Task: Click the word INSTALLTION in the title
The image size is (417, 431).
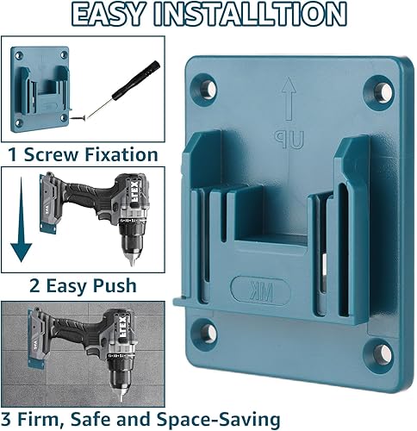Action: coord(250,14)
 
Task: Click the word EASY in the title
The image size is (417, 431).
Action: coord(108,14)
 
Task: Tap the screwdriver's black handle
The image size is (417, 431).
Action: coord(136,80)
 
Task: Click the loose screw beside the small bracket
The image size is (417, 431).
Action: coord(78,117)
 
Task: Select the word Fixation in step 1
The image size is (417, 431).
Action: coord(121,154)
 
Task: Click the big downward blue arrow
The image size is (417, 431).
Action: coord(21,219)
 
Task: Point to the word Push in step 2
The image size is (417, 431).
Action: coord(115,286)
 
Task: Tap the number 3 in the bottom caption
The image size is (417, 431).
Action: coord(5,419)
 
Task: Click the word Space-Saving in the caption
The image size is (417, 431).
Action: coord(219,420)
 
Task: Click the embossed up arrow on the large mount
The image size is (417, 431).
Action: coord(289,98)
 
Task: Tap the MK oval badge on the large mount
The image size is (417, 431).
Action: coord(261,290)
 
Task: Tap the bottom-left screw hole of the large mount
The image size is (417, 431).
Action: coord(208,333)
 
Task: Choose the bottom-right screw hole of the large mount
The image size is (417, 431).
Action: coord(383,353)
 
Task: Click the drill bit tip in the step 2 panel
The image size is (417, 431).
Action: coord(132,262)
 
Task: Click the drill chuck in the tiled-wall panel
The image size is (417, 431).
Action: coord(121,378)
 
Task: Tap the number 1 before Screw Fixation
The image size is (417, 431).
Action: coord(13,154)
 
